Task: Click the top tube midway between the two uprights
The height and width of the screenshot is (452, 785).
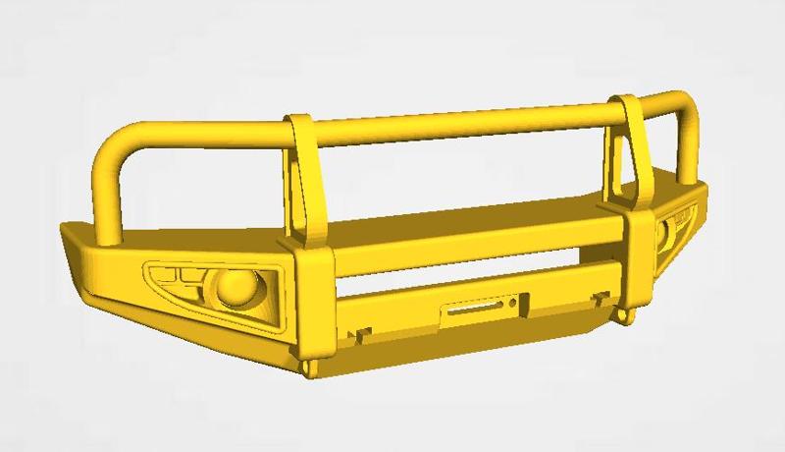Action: (x=461, y=120)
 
